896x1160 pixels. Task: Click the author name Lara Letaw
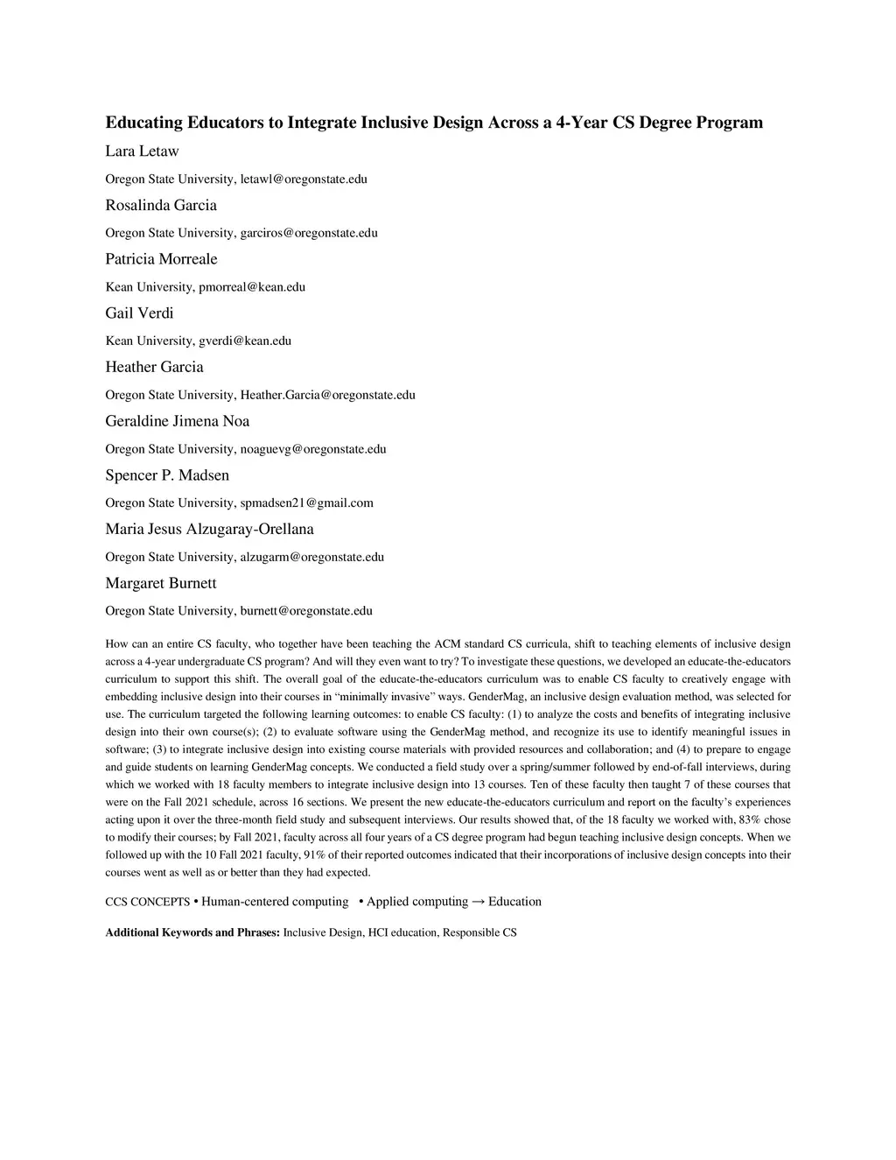point(142,151)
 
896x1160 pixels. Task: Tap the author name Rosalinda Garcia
point(161,206)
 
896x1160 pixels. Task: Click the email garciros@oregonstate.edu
point(309,234)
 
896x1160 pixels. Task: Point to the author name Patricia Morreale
point(161,259)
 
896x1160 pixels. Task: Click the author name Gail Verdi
point(139,313)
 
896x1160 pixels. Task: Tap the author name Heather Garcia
point(154,368)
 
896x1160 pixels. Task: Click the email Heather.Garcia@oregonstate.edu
point(327,396)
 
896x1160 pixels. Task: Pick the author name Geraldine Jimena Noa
point(178,421)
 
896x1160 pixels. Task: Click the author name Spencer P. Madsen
point(167,475)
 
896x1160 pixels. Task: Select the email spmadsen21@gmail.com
point(306,503)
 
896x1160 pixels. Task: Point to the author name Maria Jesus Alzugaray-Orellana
point(209,530)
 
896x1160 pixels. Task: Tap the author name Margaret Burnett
point(161,584)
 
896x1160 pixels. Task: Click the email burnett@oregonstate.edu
point(306,611)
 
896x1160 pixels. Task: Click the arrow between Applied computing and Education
point(479,902)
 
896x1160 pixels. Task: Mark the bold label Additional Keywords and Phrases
point(192,933)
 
